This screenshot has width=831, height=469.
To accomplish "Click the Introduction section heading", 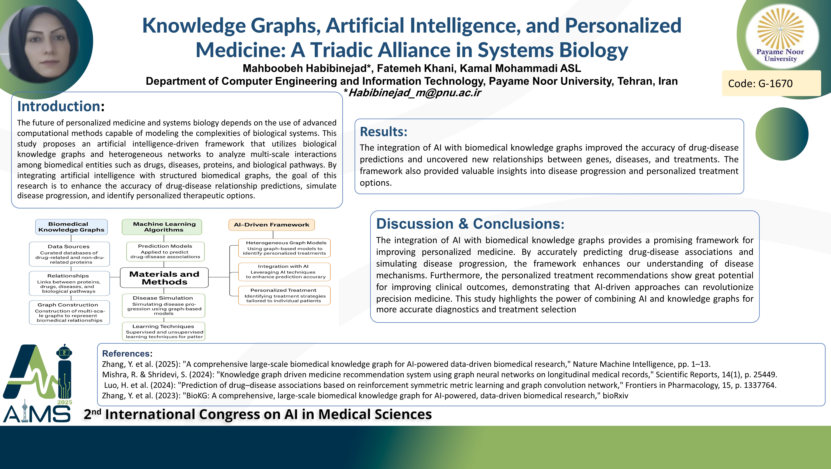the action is pyautogui.click(x=61, y=106).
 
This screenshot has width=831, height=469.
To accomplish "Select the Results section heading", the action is pyautogui.click(x=383, y=132).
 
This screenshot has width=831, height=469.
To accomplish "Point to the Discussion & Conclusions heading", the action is pyautogui.click(x=470, y=224).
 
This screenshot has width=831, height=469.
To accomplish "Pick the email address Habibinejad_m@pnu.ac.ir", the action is pyautogui.click(x=415, y=93).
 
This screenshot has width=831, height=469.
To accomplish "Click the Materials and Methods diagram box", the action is pyautogui.click(x=164, y=278).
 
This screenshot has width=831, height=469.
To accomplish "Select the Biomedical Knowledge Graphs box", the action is pyautogui.click(x=71, y=227).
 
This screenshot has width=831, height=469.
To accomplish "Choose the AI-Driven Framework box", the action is pyautogui.click(x=272, y=225).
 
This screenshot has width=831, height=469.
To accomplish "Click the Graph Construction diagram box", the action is pyautogui.click(x=69, y=312).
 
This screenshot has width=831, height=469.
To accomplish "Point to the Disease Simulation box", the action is pyautogui.click(x=163, y=306).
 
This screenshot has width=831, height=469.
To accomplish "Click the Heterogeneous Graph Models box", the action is pyautogui.click(x=284, y=248).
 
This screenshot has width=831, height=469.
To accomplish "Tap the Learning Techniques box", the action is pyautogui.click(x=163, y=331).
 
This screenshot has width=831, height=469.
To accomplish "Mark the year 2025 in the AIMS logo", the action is pyautogui.click(x=65, y=402).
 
